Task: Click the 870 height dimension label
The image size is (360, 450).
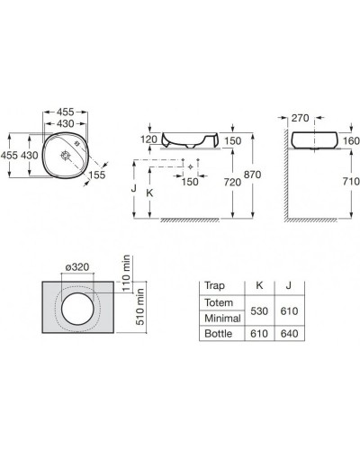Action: click(252, 175)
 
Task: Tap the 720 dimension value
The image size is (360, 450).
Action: click(232, 182)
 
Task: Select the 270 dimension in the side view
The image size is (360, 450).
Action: click(300, 118)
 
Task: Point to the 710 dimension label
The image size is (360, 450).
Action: click(351, 181)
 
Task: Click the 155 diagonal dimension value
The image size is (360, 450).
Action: click(97, 175)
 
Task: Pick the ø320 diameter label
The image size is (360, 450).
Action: click(77, 266)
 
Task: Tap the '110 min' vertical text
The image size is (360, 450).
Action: click(127, 273)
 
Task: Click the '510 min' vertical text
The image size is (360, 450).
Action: click(140, 307)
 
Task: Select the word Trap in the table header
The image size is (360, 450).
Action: click(214, 285)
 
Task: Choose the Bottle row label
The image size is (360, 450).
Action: click(219, 334)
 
